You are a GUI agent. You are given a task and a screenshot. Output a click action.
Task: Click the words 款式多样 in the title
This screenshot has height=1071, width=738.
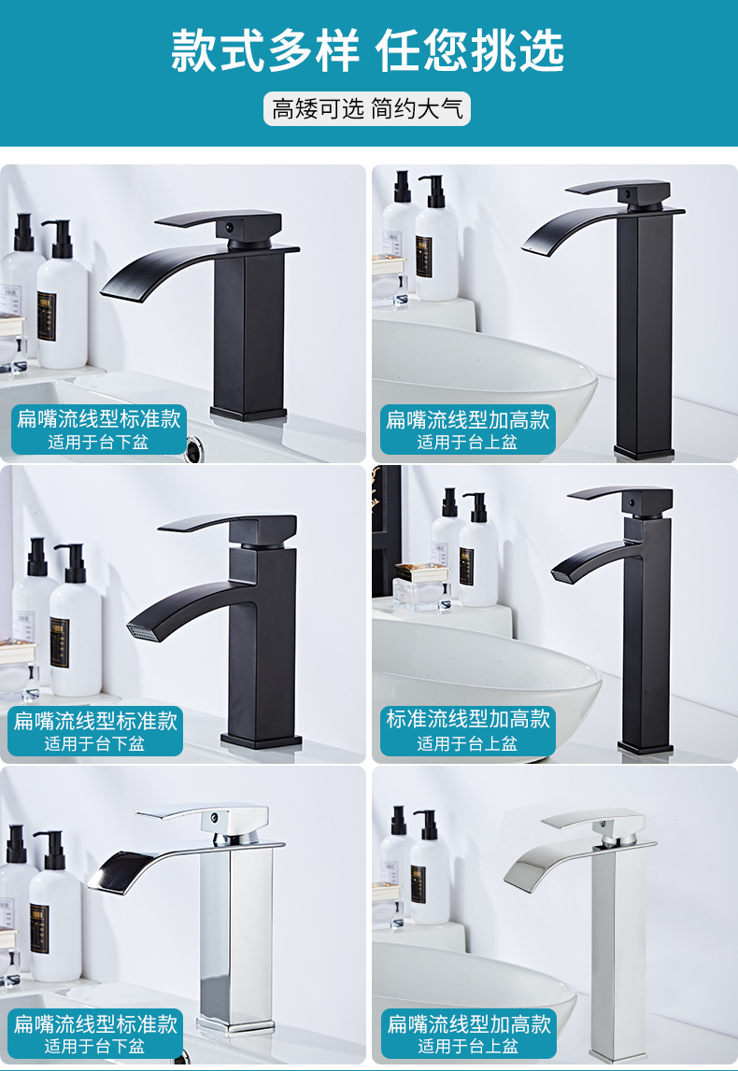click(x=265, y=52)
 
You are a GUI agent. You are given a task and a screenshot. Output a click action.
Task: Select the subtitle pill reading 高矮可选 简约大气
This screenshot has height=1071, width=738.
click(x=367, y=108)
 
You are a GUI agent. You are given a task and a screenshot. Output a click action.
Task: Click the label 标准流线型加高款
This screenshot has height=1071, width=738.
click(x=468, y=719)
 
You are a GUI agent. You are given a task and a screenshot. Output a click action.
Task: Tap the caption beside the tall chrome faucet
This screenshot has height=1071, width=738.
click(x=468, y=1034)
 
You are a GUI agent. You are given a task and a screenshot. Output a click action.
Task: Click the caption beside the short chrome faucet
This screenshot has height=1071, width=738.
click(x=96, y=1034)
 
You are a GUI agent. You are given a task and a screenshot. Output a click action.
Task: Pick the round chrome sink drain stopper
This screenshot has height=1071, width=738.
click(x=195, y=447)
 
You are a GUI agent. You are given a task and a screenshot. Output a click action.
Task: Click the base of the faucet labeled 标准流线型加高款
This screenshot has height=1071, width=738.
click(x=645, y=747)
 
